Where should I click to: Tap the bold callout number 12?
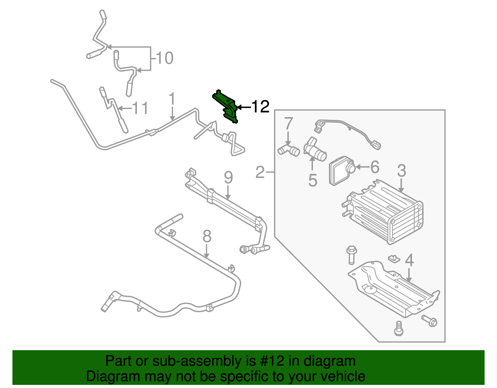[260, 107]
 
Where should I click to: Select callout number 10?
[164, 58]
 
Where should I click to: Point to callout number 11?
[140, 108]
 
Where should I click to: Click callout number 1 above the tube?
[172, 99]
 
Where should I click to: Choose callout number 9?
[228, 178]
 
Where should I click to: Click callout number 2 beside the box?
[260, 172]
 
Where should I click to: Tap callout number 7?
[289, 123]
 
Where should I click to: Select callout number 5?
[312, 180]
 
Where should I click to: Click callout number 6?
[375, 167]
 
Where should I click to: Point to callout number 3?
[401, 171]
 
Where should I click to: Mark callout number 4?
[409, 260]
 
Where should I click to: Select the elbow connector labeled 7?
[288, 150]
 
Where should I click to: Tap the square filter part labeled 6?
[339, 171]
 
